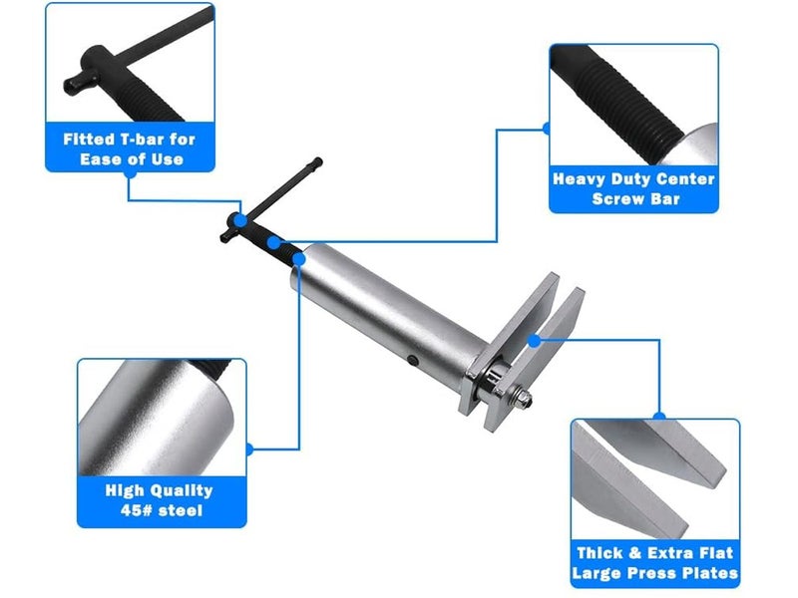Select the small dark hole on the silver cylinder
413,361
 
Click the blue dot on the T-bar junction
240,220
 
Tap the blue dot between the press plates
534,341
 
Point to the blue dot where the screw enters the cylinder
299,259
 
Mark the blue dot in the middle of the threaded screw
273,242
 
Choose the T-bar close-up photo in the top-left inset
131,63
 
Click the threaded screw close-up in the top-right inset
633,105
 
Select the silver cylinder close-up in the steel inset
162,418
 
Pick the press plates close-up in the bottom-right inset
655,479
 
